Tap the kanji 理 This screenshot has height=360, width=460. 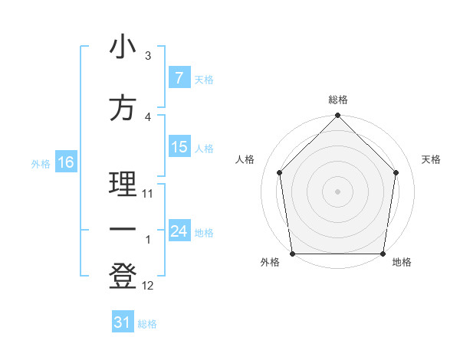[123, 185]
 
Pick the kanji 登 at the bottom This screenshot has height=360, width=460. [123, 276]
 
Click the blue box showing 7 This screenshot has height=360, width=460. [179, 78]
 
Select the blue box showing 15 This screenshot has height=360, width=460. [179, 147]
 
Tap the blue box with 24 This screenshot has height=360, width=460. [179, 231]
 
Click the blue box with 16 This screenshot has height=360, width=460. [65, 162]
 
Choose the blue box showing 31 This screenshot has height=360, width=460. [123, 322]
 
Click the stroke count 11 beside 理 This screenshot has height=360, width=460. [148, 194]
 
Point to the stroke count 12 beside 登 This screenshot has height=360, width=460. [148, 286]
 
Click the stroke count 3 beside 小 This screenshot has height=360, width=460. [148, 56]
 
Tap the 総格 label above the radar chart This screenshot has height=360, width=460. [337, 100]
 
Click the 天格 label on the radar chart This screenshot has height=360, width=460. [432, 159]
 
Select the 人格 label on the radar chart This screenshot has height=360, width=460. [245, 159]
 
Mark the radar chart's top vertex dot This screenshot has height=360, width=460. [337, 116]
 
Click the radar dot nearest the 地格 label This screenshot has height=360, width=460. [383, 254]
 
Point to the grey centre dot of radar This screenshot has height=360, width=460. [337, 191]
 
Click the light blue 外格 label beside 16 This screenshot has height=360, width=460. [40, 163]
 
